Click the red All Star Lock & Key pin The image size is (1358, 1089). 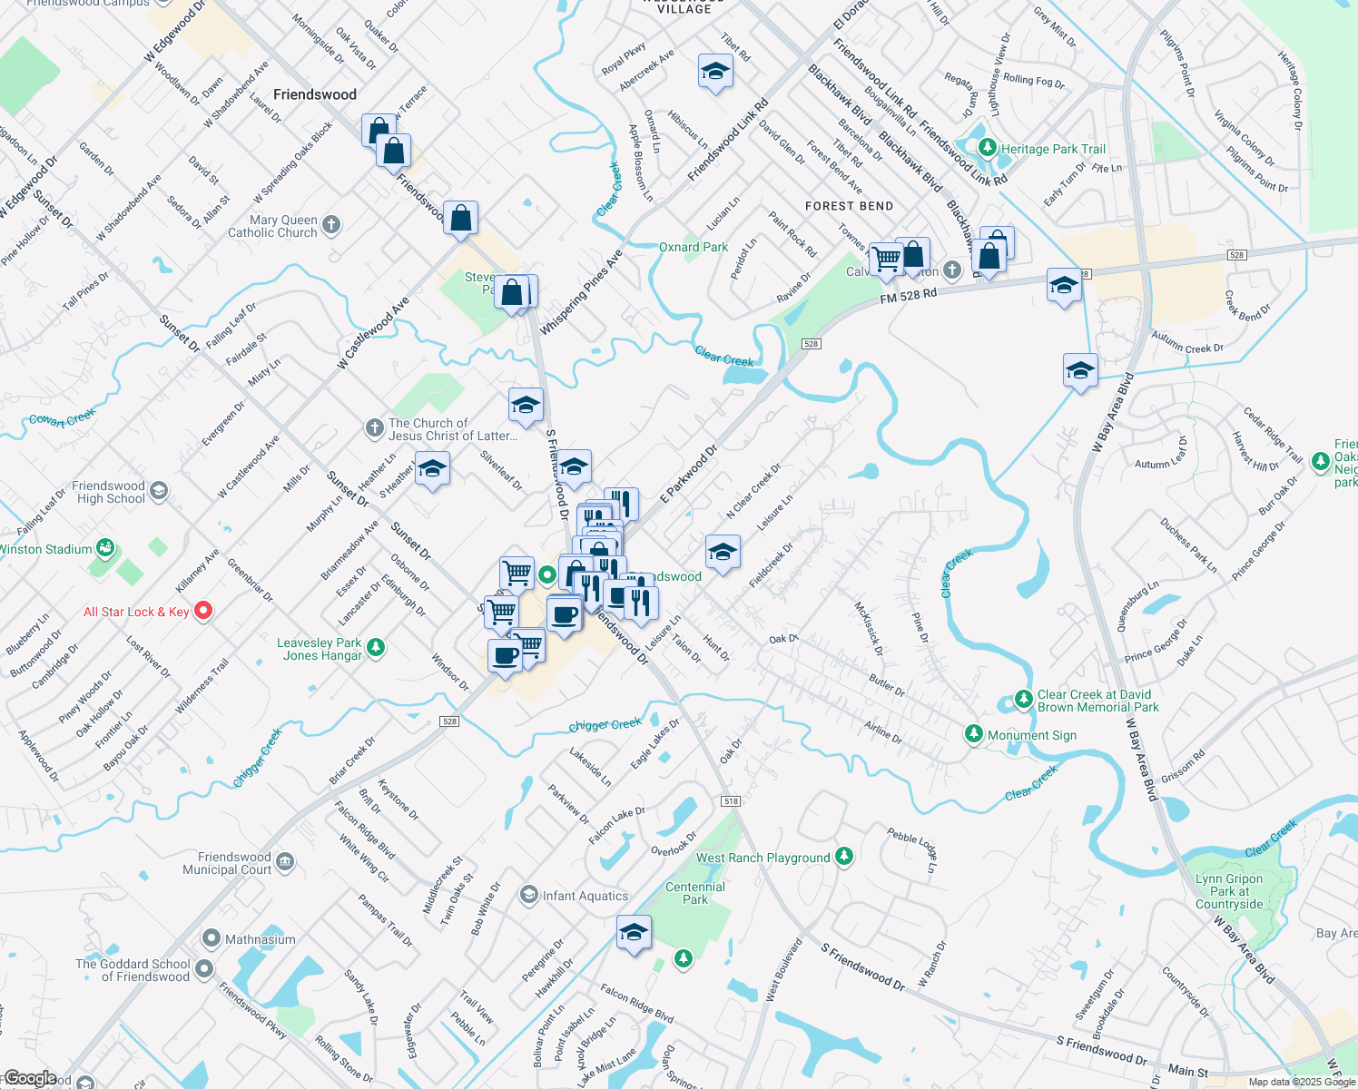point(203,611)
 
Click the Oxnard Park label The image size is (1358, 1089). point(694,247)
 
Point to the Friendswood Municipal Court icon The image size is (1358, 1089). point(285,861)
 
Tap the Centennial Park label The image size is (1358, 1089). point(695,893)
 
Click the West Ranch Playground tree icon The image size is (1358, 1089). point(844,856)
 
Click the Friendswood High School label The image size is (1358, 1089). point(110,492)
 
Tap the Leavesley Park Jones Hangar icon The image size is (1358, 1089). point(376,647)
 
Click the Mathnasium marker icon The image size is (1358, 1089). point(212,937)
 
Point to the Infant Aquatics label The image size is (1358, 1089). point(586,896)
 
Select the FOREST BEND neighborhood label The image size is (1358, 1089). point(849,206)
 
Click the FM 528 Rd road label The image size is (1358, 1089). point(908,297)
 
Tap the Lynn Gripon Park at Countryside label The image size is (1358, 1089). point(1229,891)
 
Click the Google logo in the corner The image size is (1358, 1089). point(30,1078)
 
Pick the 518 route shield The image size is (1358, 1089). point(731,801)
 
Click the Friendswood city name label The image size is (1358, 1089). point(315,94)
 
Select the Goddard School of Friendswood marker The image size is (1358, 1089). point(204,968)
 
